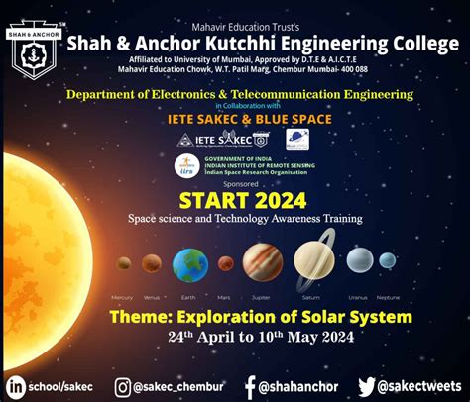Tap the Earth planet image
point(189,265)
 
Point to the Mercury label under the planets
point(122,297)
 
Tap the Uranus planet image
point(359,261)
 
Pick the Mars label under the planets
point(223,297)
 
